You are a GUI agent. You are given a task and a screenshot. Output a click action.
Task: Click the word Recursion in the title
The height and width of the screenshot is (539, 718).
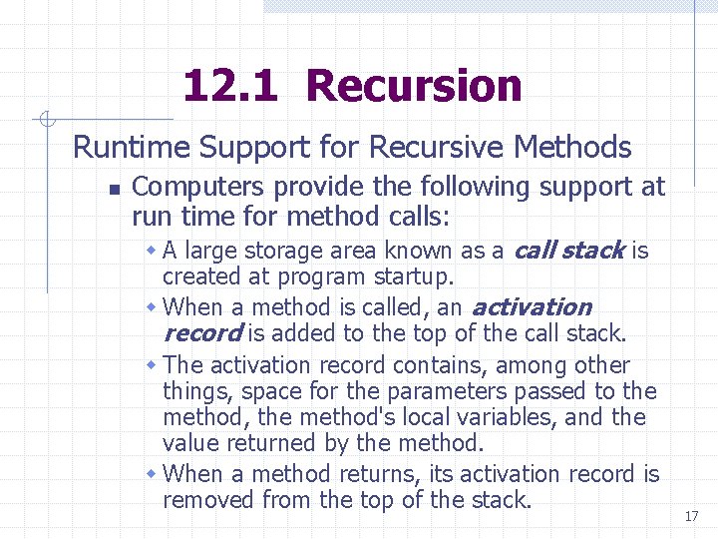point(414,87)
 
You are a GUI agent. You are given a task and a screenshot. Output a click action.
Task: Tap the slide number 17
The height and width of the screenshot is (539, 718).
point(691,516)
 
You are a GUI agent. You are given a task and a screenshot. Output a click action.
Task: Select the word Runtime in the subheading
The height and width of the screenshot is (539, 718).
point(132,148)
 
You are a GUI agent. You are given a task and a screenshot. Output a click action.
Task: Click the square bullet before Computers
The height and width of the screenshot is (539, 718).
point(114,189)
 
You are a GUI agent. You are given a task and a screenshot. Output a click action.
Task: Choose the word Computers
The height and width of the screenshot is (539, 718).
point(198,187)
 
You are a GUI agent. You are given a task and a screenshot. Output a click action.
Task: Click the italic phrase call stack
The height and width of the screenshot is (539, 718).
point(568,250)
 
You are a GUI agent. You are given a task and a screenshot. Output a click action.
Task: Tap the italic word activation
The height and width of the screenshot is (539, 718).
point(531,306)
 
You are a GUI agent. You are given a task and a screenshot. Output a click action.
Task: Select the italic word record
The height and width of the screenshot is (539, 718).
point(201,332)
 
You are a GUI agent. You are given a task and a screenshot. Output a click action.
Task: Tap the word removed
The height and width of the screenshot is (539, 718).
point(210,499)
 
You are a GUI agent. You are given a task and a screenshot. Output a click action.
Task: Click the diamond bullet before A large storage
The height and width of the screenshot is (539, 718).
point(152,250)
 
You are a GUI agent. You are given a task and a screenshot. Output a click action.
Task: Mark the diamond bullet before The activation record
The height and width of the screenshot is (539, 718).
point(152,364)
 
